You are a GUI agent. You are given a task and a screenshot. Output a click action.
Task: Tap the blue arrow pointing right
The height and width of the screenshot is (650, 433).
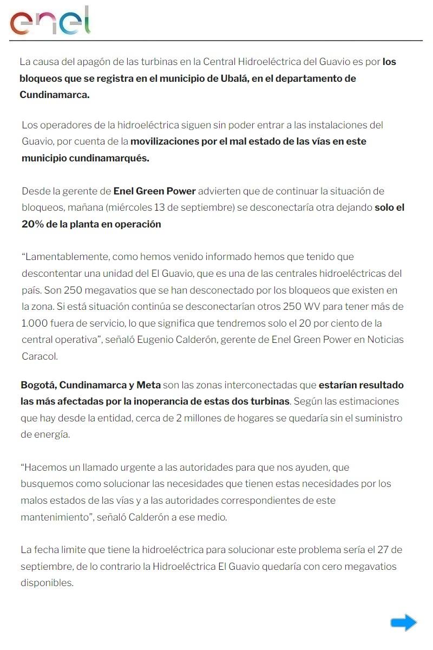[x=403, y=622]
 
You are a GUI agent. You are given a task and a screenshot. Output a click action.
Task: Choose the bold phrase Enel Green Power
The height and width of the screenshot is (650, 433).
[x=154, y=191]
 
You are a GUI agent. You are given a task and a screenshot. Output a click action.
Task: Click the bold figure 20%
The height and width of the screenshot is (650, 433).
[x=34, y=224]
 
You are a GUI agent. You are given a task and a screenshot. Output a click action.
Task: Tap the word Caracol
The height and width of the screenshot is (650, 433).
[x=39, y=356]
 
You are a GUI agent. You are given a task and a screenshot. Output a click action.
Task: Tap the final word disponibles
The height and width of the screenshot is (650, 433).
[x=47, y=583]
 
